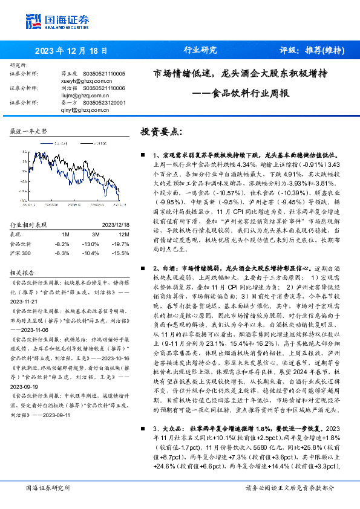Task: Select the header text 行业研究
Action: (200, 51)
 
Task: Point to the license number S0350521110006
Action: (103, 88)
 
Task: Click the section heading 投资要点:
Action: (160, 131)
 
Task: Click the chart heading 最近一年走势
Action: (28, 131)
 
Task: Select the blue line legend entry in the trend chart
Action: (58, 144)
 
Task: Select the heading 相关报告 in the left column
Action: (24, 256)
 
